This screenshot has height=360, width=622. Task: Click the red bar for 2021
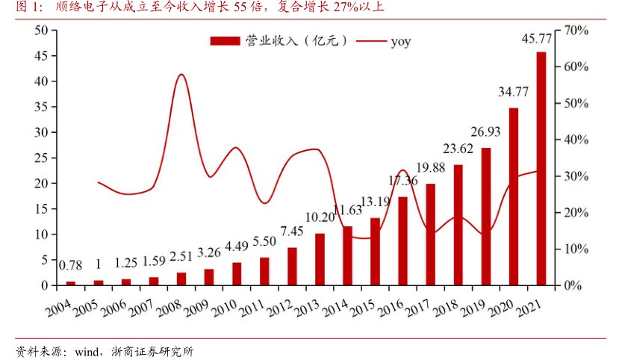pos(541,168)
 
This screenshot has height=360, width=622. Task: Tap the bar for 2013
pos(320,259)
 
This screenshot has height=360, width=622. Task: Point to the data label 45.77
pos(537,39)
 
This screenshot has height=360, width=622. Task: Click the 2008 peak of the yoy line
pos(181,75)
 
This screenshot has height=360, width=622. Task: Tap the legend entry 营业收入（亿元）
pos(278,41)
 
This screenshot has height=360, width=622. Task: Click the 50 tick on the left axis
pos(41,30)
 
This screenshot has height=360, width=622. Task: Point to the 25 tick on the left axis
pos(41,158)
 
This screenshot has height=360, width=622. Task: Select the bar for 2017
pos(431,235)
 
